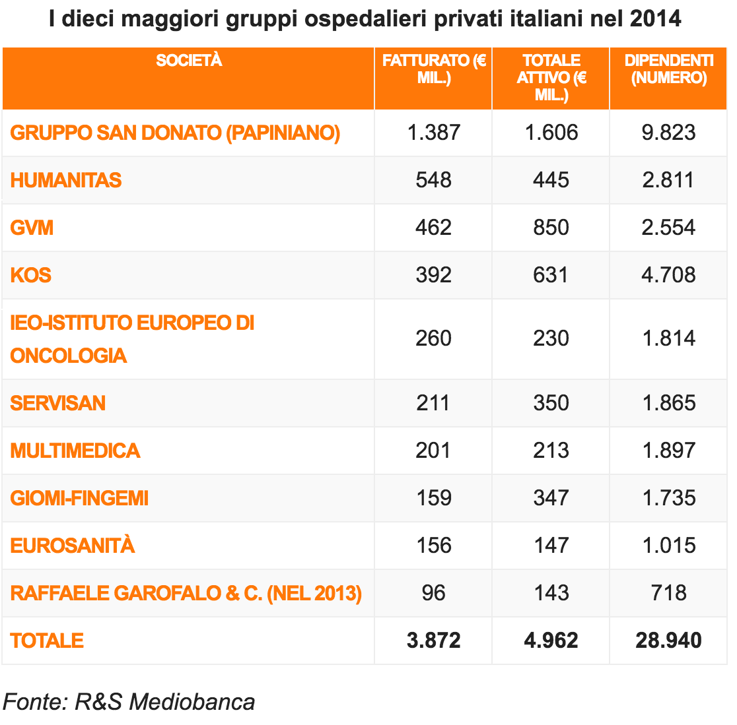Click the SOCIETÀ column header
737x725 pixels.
[189, 61]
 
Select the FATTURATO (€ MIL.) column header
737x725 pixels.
[434, 69]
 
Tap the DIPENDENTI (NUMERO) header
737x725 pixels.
[668, 69]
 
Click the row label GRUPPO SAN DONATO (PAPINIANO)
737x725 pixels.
[175, 133]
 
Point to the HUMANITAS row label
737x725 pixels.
[66, 180]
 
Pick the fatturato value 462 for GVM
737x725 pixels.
[433, 228]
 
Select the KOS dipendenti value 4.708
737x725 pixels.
[668, 275]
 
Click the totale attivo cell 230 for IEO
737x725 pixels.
[551, 338]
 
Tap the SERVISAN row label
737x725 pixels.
[58, 403]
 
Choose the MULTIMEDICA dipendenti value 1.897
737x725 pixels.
[668, 451]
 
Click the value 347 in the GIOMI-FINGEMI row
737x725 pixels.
[551, 498]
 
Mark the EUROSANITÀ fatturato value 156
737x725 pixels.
[433, 546]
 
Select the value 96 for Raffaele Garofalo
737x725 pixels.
[433, 593]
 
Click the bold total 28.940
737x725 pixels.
[668, 641]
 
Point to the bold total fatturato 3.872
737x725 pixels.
[433, 641]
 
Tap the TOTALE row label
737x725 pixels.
[47, 641]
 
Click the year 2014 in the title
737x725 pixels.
[655, 18]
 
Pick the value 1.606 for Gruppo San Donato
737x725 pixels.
[551, 133]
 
